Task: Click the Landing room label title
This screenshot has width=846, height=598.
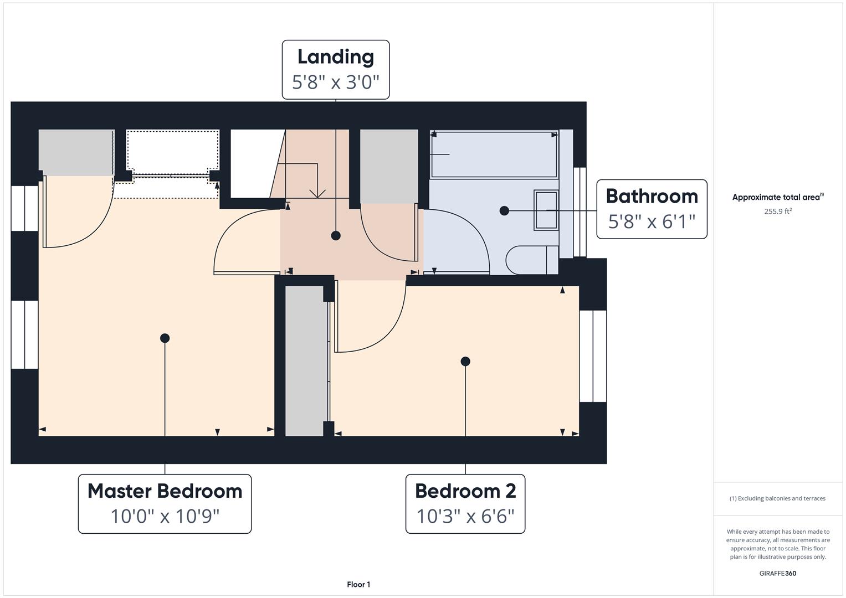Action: [x=335, y=57]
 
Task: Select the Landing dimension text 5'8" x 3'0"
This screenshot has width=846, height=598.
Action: [x=335, y=83]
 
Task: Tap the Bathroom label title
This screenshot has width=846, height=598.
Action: [x=652, y=197]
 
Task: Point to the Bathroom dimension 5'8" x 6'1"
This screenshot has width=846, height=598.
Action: [x=652, y=221]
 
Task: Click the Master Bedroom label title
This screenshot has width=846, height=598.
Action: [x=165, y=491]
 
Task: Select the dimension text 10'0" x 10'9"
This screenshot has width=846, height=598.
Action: [x=165, y=516]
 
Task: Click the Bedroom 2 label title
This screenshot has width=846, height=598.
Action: [x=465, y=491]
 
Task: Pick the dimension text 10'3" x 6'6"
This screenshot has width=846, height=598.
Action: [x=465, y=516]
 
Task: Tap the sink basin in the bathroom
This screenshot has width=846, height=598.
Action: [x=546, y=210]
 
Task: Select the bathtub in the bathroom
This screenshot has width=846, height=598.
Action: [x=494, y=154]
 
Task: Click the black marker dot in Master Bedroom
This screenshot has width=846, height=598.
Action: [x=165, y=338]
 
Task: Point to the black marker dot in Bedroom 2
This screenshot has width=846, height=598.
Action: [x=465, y=361]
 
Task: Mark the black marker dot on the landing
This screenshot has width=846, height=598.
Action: [x=336, y=235]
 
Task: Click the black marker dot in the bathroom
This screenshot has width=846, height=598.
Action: [x=504, y=210]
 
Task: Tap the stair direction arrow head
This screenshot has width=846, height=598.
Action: [x=317, y=193]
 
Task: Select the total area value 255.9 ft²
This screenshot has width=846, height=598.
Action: [x=777, y=211]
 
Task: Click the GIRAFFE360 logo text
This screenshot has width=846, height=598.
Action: [x=777, y=573]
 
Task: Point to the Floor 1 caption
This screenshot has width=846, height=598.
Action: [x=358, y=584]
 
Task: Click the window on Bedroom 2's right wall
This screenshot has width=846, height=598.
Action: [x=593, y=356]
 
